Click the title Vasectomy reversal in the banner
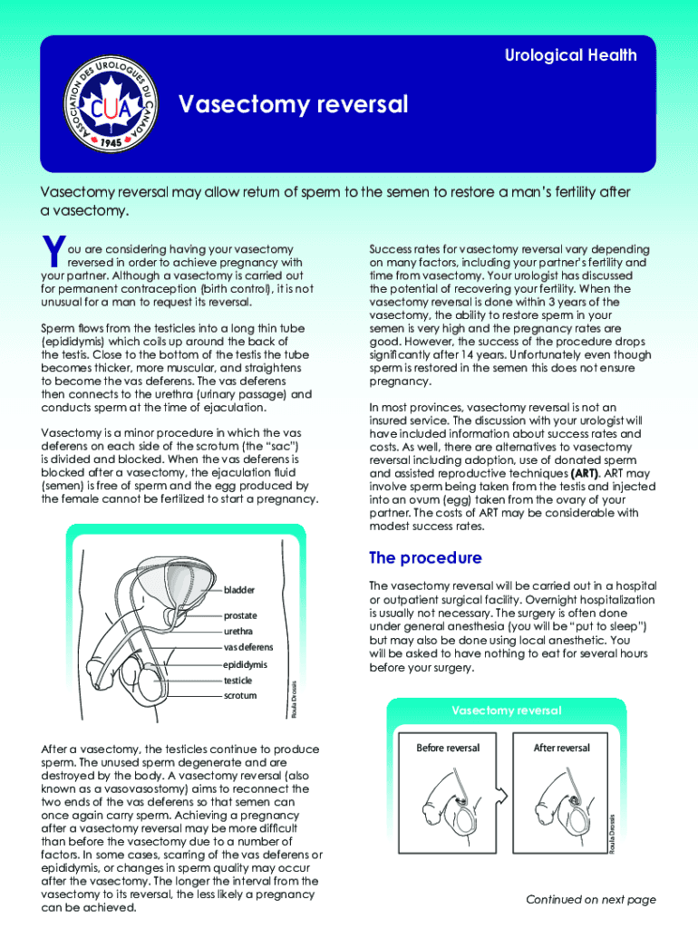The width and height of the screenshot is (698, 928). pos(293,105)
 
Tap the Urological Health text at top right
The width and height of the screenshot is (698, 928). pos(570,55)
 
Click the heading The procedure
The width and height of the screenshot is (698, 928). pos(425,557)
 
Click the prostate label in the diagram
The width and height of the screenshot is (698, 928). pos(241,615)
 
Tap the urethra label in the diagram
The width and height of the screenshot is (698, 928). pos(238,631)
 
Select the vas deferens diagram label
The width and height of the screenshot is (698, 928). pos(247,647)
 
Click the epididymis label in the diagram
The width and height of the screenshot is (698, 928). pos(245,664)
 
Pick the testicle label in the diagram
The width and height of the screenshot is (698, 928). pos(238,680)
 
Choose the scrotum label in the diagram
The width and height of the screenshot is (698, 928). pos(239,696)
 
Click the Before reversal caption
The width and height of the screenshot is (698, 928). pos(447,748)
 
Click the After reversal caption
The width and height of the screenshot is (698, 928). pos(562,748)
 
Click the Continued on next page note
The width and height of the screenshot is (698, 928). pos(590,899)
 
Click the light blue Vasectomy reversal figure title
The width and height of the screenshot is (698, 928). pos(507,710)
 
